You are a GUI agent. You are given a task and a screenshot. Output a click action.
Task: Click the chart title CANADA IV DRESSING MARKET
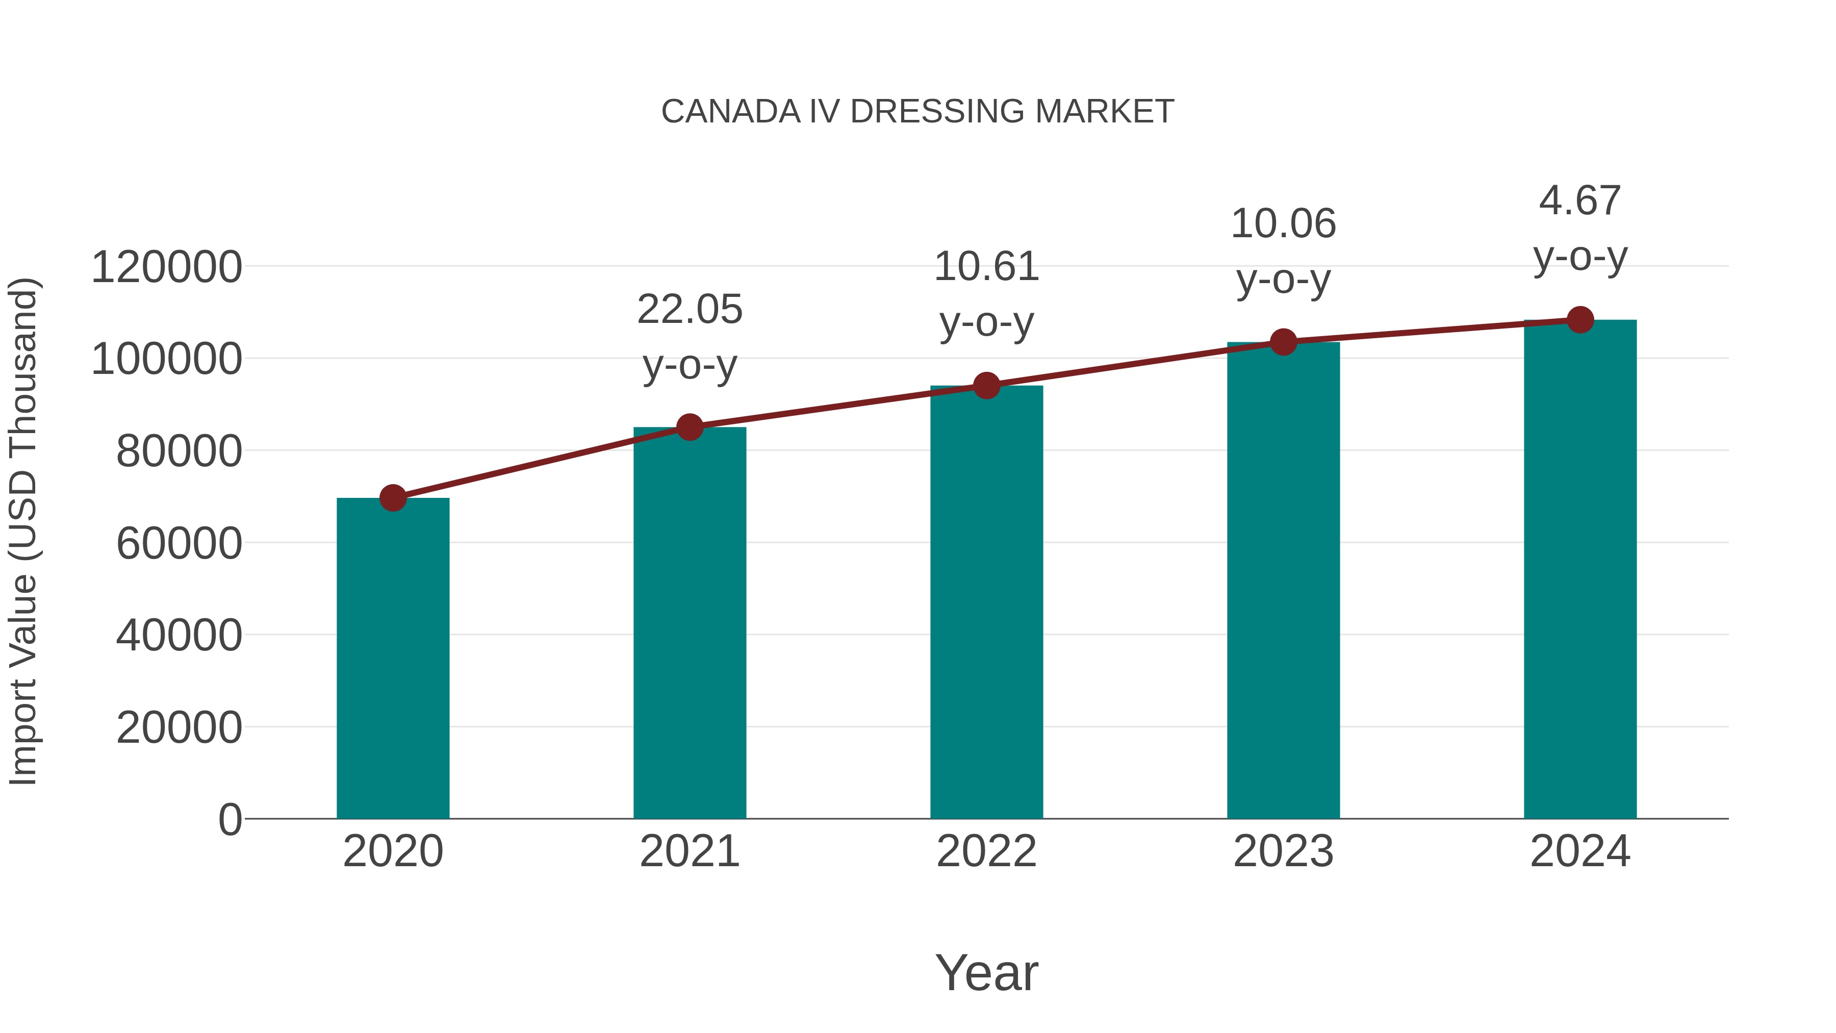coord(917,112)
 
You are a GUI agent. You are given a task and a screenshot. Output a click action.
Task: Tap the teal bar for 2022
coord(986,602)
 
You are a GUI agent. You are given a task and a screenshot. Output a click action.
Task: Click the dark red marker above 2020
coord(393,497)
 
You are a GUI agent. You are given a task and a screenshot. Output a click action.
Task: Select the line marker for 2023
coord(1283,342)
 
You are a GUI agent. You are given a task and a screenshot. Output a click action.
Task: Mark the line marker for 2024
coord(1580,320)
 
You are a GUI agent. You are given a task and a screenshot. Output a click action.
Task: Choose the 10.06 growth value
coord(1283,224)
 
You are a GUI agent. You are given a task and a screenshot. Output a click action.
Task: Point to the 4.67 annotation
coord(1580,200)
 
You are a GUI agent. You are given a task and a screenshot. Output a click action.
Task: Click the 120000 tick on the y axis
coord(167,267)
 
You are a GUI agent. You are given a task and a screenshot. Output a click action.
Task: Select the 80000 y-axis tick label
coord(179,451)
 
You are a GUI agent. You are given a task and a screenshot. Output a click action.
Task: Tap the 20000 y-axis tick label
coord(179,728)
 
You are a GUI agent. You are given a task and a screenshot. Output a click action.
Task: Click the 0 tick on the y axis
coord(230,820)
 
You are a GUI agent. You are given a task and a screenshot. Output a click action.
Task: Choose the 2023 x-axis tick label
coord(1283,851)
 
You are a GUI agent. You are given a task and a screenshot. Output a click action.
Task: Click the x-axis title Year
coord(986,972)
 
